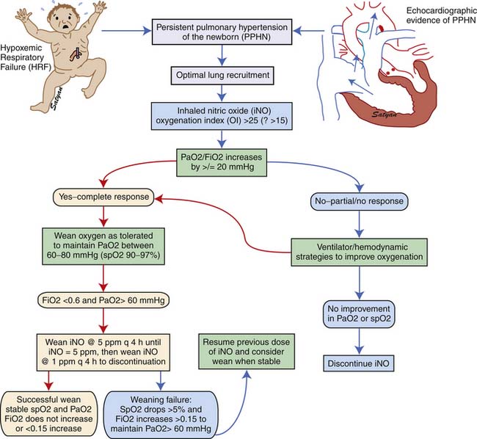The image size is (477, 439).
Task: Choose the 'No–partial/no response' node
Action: coord(359,198)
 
